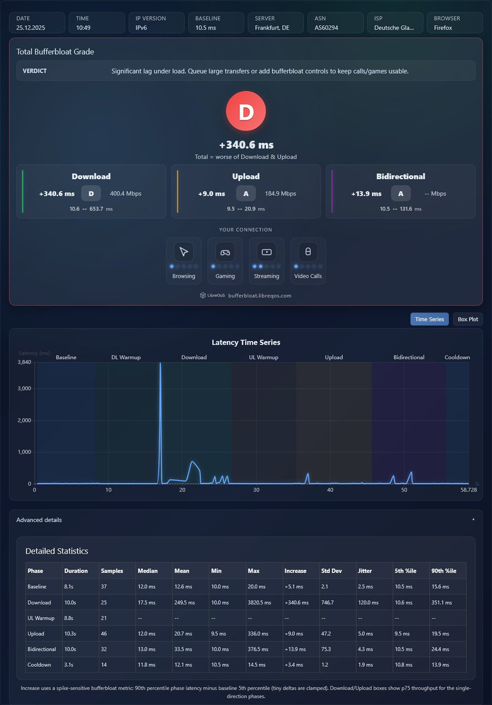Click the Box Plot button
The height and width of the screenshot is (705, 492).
(x=468, y=319)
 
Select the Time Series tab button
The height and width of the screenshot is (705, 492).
(x=429, y=319)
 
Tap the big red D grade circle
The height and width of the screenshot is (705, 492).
(x=246, y=111)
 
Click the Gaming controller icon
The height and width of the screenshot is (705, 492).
(x=225, y=252)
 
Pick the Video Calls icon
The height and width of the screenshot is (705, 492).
(x=308, y=252)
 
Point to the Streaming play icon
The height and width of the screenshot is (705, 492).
(x=266, y=252)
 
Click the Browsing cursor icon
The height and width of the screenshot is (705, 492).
(x=183, y=252)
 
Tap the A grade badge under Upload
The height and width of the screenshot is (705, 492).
(x=246, y=193)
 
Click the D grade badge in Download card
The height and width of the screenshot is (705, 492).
(x=91, y=193)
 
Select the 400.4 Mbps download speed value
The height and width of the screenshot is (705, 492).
(x=125, y=193)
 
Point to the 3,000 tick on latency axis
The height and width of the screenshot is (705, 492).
(x=24, y=388)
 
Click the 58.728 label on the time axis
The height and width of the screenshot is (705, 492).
(x=468, y=490)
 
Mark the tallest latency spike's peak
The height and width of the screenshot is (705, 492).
(x=160, y=363)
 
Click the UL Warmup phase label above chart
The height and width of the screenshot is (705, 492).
(x=264, y=357)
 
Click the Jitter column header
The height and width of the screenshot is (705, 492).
(x=365, y=570)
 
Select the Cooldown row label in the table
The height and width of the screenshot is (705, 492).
(x=39, y=664)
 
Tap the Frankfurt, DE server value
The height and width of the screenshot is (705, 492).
(x=272, y=28)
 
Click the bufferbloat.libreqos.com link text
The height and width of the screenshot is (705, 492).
(x=260, y=296)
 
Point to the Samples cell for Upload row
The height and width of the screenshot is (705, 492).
(x=103, y=633)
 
